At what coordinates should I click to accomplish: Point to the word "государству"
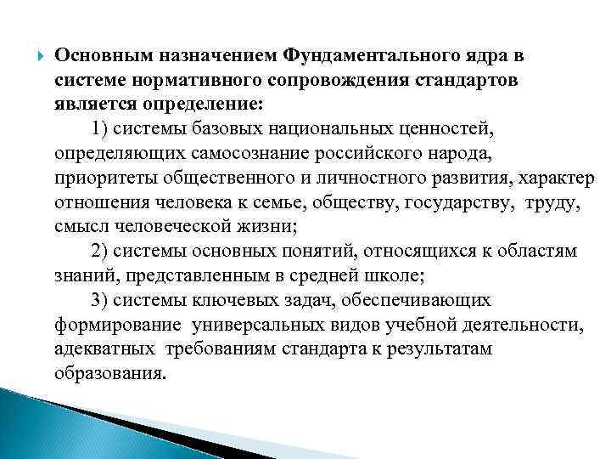point(459,203)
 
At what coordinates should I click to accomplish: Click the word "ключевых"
point(226,301)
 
